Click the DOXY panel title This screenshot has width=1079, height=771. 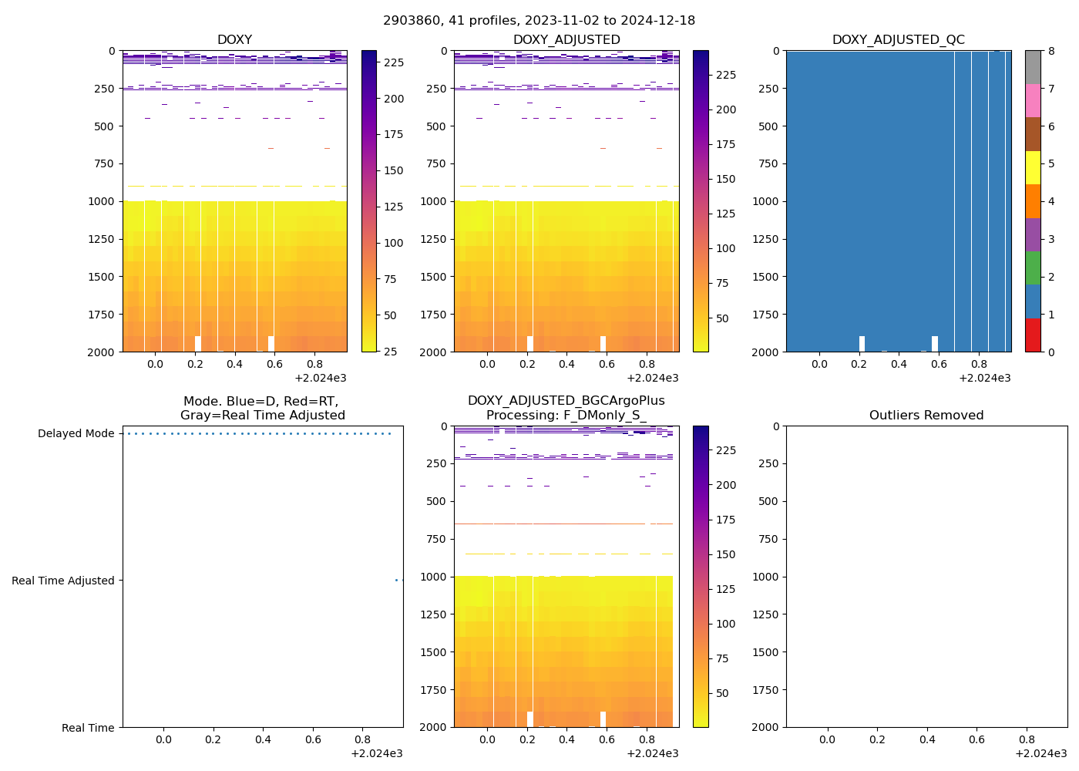click(234, 40)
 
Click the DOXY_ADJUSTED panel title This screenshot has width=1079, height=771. click(566, 40)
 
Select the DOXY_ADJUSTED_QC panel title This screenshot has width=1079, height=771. click(898, 40)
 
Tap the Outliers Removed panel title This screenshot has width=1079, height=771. click(926, 416)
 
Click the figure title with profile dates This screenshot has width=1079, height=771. click(539, 21)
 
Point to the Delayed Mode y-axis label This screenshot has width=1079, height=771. click(76, 434)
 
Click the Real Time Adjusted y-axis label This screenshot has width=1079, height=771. click(63, 581)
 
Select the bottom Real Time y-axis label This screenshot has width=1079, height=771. click(88, 728)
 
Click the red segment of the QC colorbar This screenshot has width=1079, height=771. click(1033, 335)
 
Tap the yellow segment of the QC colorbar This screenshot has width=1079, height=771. click(1033, 168)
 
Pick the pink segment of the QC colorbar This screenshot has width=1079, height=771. click(1033, 101)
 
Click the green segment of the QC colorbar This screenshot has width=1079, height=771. click(1033, 268)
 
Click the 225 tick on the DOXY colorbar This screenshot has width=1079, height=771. click(393, 62)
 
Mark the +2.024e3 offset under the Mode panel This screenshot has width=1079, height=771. click(376, 753)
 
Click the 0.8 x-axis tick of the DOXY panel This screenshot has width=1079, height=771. click(314, 364)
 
